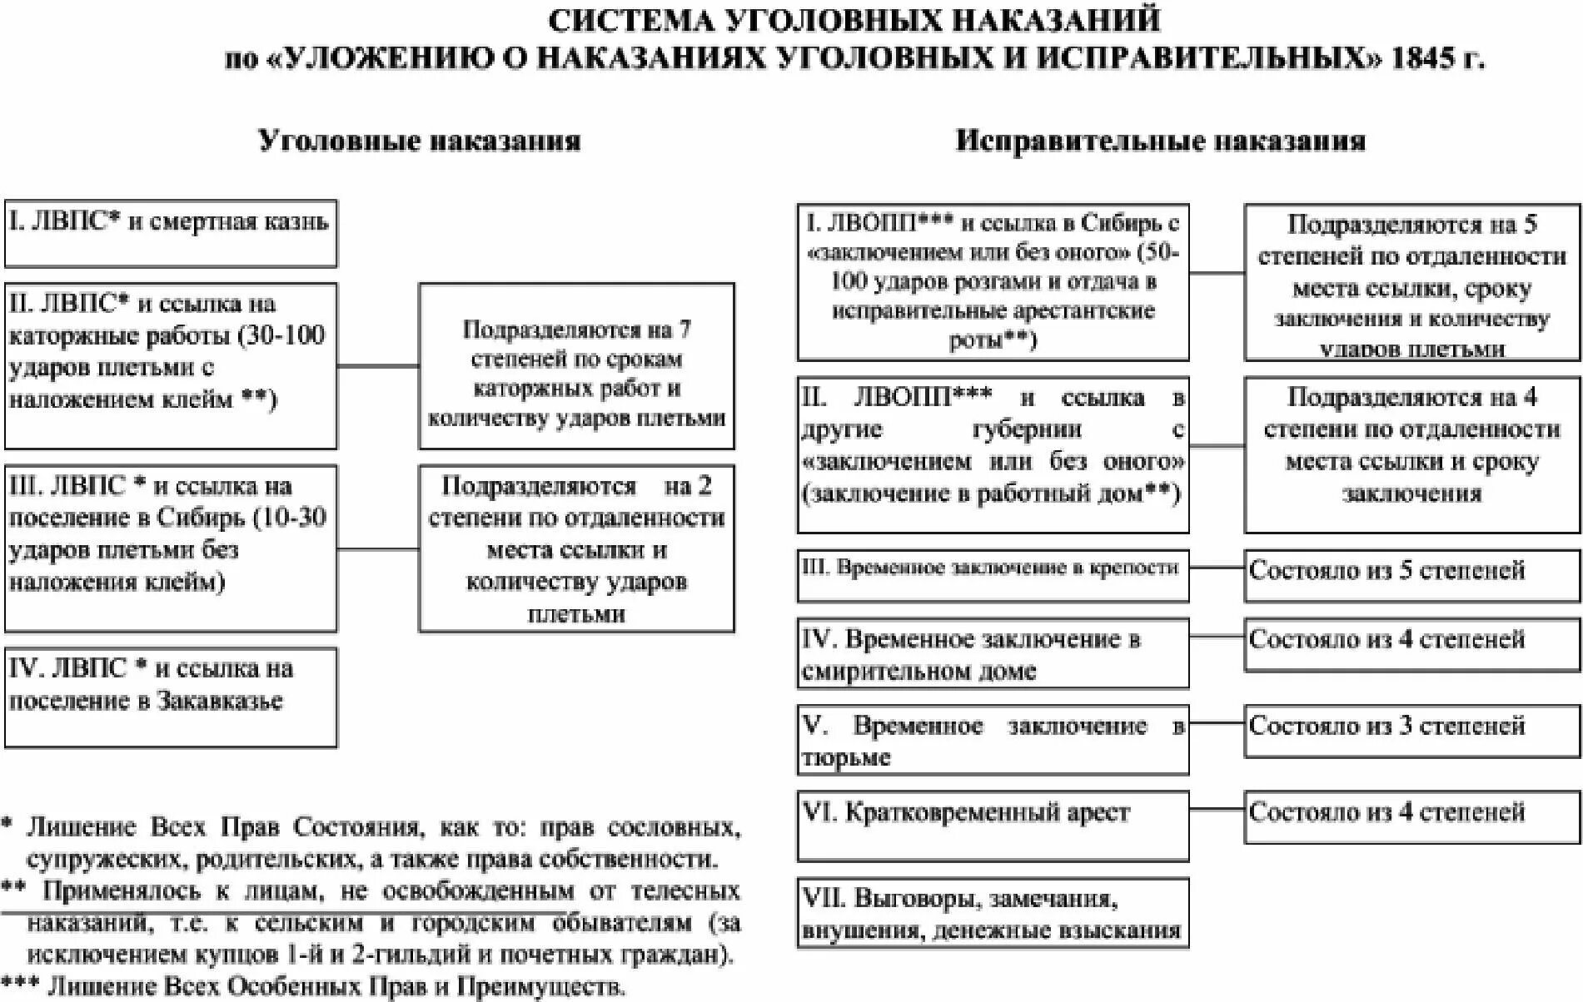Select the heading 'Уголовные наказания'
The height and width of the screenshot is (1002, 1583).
[419, 140]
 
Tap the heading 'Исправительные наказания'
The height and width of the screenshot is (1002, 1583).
[1160, 140]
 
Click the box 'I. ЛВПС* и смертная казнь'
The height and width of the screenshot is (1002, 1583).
[171, 233]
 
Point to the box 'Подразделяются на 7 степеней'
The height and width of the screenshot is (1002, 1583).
[576, 366]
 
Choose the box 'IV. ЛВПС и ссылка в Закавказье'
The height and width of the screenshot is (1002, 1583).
[171, 697]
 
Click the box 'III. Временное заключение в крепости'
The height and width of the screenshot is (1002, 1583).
[993, 575]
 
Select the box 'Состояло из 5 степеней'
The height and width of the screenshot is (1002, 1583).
[1411, 575]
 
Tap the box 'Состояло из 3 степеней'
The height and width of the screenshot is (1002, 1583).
[1411, 731]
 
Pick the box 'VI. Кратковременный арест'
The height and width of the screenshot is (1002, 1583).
[993, 825]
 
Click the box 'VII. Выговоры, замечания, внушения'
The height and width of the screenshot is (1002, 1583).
[993, 913]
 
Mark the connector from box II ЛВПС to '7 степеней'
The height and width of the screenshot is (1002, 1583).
[378, 366]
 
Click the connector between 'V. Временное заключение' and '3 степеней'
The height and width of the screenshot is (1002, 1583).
[1217, 722]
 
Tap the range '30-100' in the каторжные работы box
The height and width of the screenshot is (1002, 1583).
[281, 335]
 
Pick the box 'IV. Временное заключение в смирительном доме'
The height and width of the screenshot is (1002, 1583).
[993, 653]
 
